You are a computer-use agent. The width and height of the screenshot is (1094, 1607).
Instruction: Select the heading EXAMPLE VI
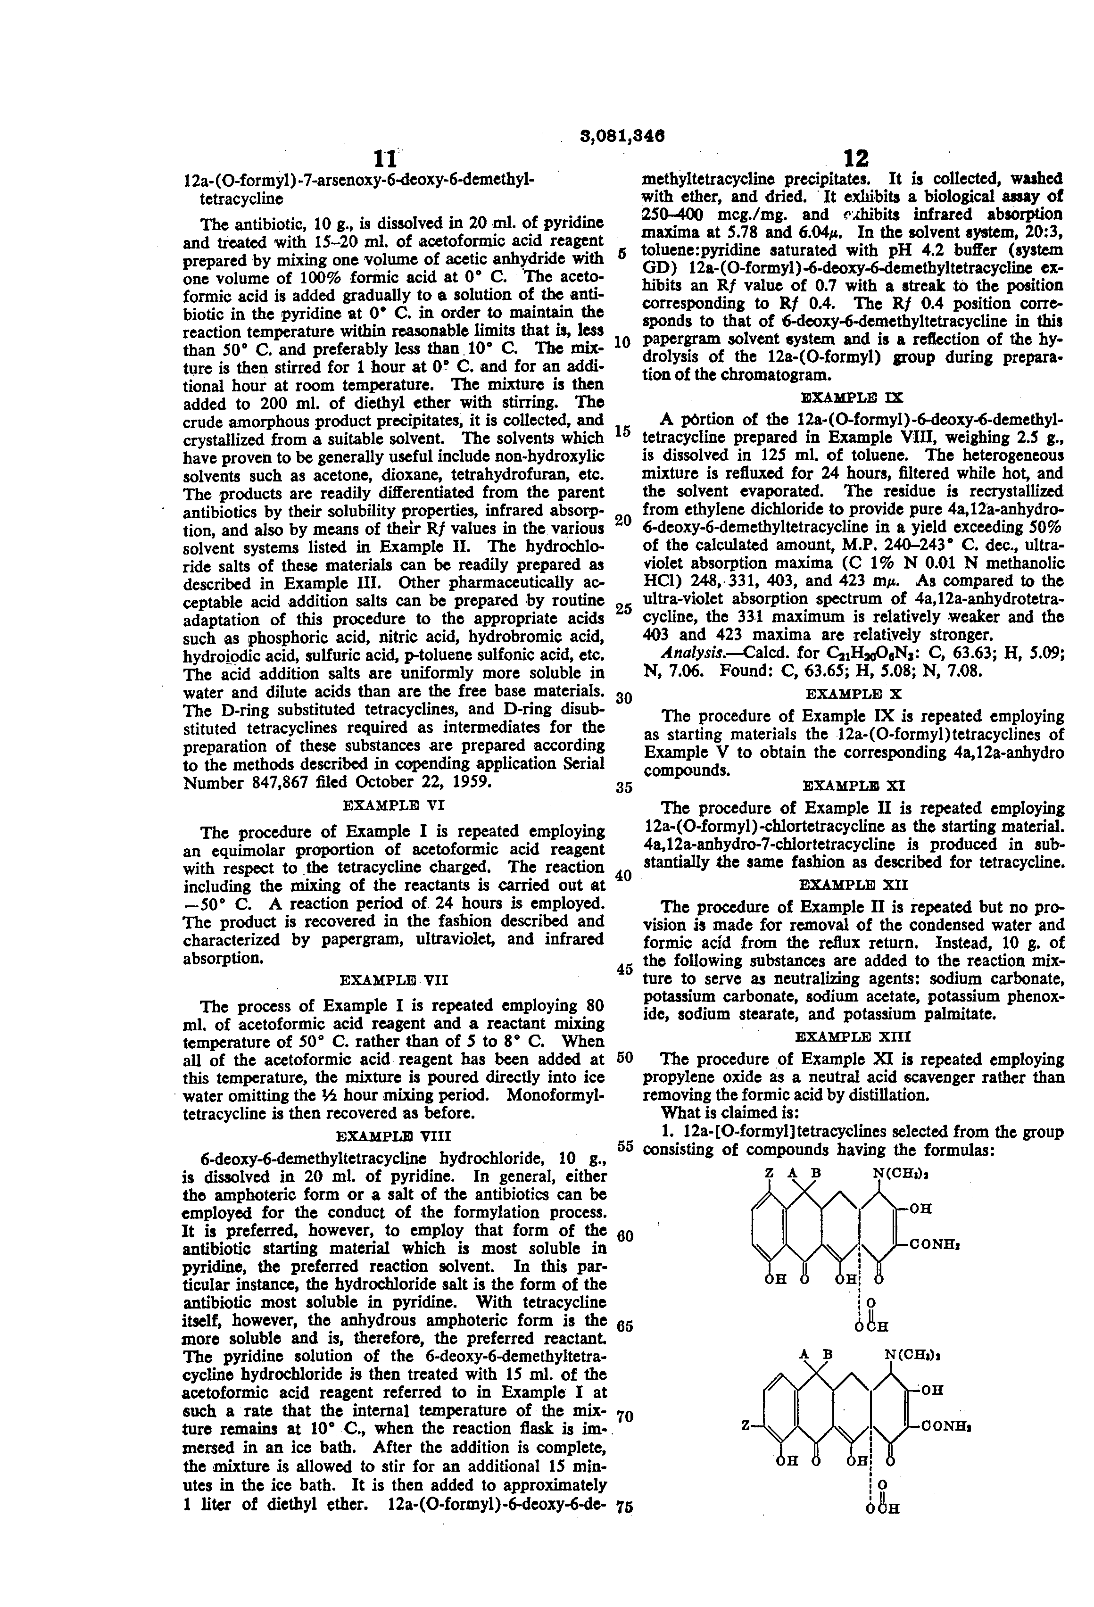393,805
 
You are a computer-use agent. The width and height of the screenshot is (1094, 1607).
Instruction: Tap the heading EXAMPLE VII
393,980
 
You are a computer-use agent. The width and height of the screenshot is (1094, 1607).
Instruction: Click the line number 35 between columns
624,787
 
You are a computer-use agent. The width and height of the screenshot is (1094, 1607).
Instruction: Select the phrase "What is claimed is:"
730,1112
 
